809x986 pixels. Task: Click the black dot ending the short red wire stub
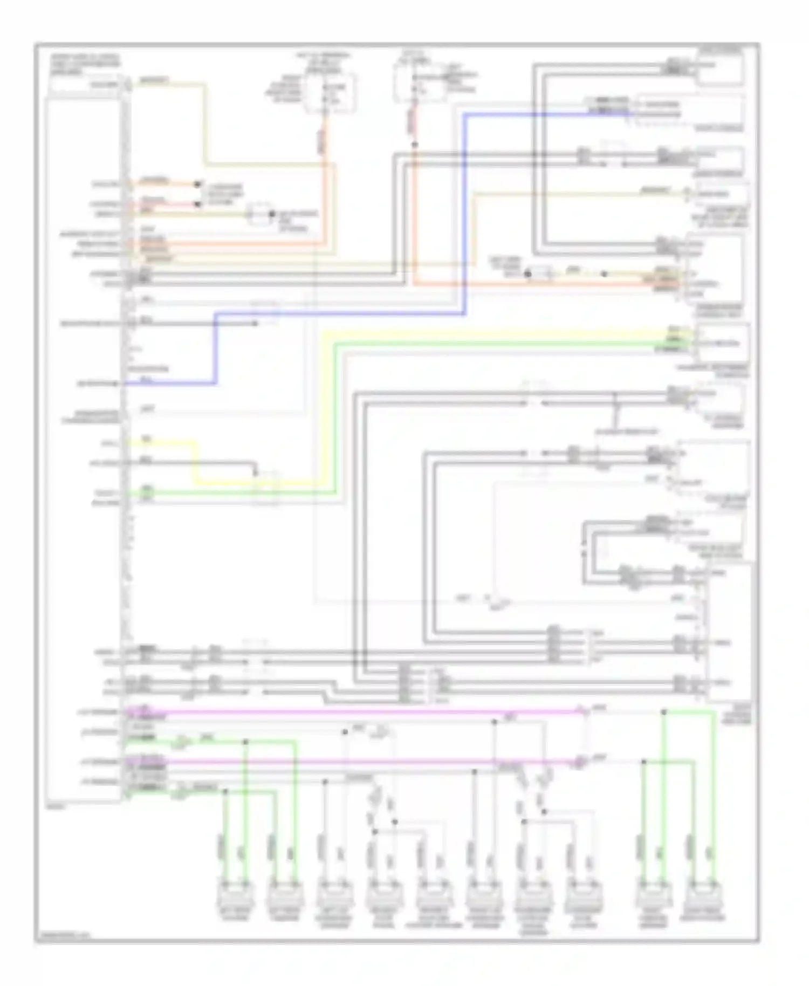(x=197, y=204)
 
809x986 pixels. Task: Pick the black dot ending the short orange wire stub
(x=197, y=184)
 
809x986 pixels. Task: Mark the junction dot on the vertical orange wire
(x=415, y=145)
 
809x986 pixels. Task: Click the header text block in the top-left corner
(x=85, y=64)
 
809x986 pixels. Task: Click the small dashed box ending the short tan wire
(x=259, y=214)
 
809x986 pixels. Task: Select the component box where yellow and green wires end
(x=722, y=343)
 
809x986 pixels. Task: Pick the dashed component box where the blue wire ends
(x=690, y=111)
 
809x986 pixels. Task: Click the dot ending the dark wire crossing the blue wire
(x=255, y=324)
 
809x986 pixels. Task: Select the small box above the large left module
(x=85, y=85)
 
